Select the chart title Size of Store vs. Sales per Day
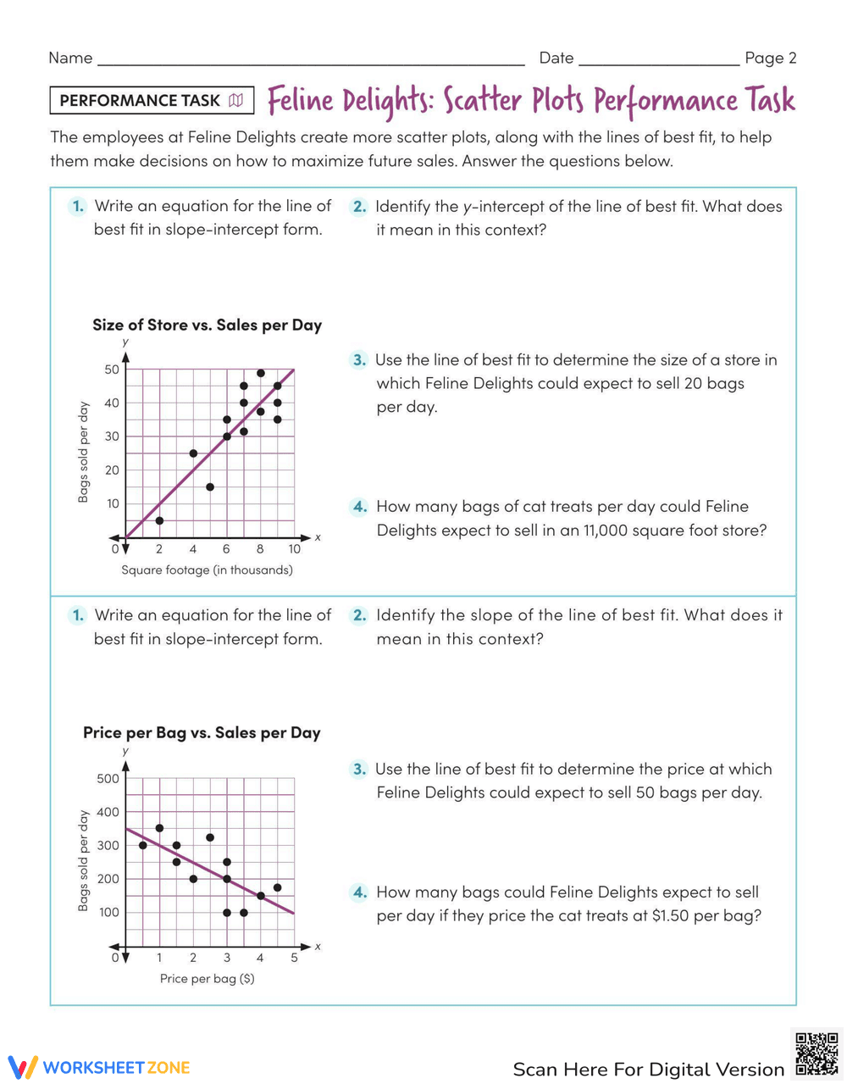[207, 325]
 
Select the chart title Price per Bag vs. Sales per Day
[202, 732]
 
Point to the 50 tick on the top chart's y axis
[112, 369]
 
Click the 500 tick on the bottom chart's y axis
[108, 778]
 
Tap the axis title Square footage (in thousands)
[207, 570]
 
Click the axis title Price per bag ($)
[207, 978]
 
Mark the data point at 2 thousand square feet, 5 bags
[159, 520]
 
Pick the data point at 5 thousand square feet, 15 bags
[210, 486]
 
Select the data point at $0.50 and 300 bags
[142, 845]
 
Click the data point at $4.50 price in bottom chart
[277, 887]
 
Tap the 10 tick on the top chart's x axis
[294, 549]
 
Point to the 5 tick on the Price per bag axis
[294, 958]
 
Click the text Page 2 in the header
[770, 58]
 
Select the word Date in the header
[556, 58]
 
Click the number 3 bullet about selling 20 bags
[359, 360]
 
